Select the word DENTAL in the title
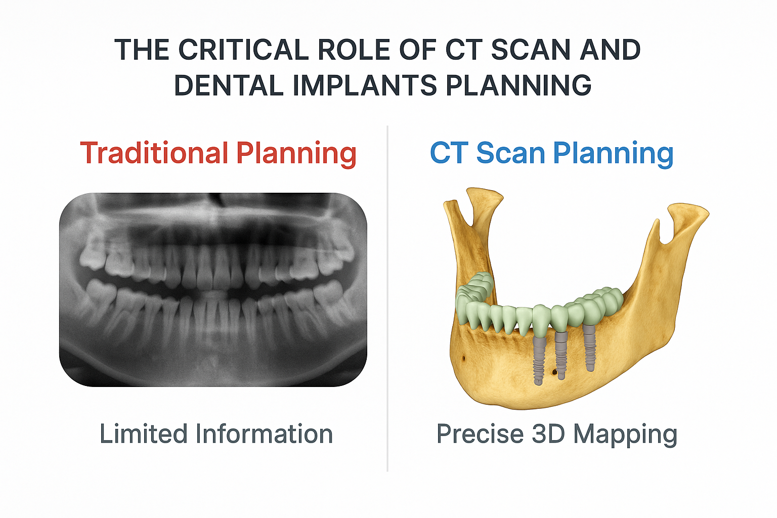229,85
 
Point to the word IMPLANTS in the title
365,85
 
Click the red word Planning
296,154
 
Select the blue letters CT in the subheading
448,153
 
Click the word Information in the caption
264,434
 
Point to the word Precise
480,434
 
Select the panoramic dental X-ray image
213,289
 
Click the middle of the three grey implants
560,354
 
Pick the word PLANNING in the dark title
519,85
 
